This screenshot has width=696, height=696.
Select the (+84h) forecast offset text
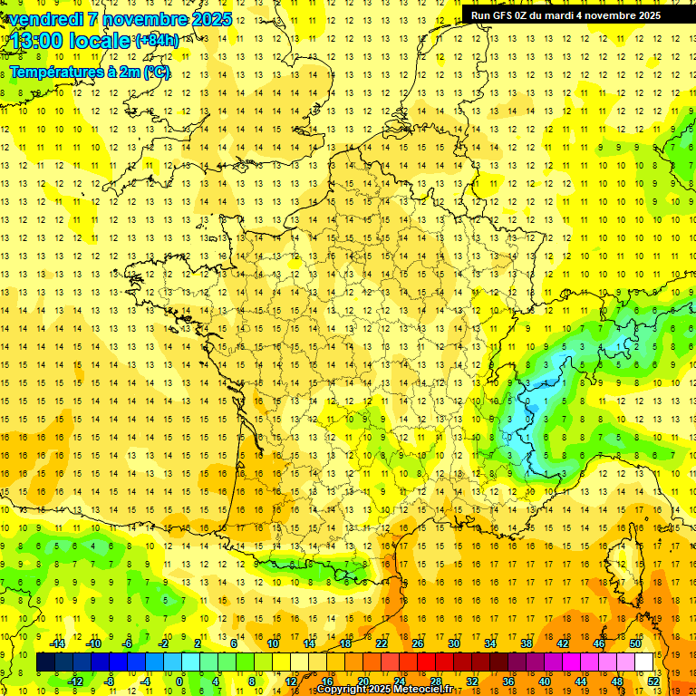[x=157, y=41]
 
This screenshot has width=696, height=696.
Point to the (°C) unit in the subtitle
[x=156, y=72]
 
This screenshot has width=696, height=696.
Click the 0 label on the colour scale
[x=179, y=681]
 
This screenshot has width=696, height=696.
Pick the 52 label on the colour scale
[x=653, y=681]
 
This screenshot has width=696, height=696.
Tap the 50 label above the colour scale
[x=634, y=643]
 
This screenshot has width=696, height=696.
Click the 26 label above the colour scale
[x=417, y=643]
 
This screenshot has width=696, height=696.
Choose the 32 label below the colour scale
[x=471, y=681]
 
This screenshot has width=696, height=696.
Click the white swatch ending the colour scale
[x=644, y=662]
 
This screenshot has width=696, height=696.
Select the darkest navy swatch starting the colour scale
[x=45, y=662]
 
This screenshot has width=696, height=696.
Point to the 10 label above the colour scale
[x=272, y=643]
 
